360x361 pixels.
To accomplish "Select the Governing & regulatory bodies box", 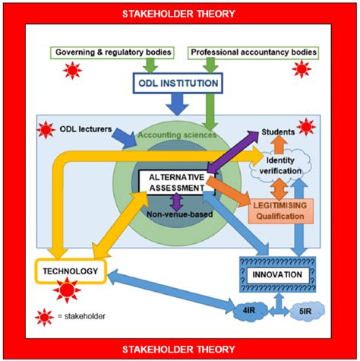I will click(112, 52).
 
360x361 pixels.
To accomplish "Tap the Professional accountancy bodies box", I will click(254, 52).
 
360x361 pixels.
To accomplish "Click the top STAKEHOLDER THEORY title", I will click(180, 13).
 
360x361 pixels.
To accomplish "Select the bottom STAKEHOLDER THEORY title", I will click(180, 349).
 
